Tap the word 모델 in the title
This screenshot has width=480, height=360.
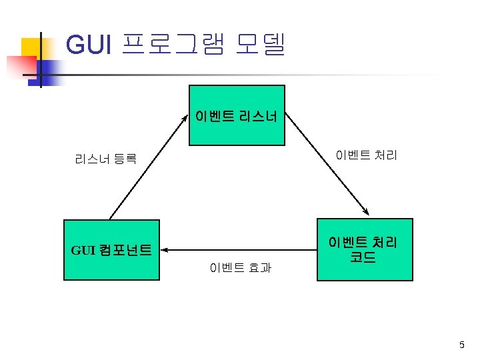click(x=261, y=45)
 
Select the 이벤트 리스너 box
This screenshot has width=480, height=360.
click(x=237, y=115)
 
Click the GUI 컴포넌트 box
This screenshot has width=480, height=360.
click(x=111, y=249)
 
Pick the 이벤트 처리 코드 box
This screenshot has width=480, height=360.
click(x=365, y=249)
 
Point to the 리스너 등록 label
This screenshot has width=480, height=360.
click(x=106, y=159)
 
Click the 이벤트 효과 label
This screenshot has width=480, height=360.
click(x=241, y=268)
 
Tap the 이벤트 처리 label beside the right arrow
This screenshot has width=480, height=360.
click(x=366, y=156)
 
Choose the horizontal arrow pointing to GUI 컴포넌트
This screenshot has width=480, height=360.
click(x=240, y=250)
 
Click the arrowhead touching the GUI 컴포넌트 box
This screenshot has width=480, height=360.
click(x=164, y=250)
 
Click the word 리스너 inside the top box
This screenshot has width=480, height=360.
click(x=260, y=117)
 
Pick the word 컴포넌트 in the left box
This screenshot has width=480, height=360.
click(x=126, y=251)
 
